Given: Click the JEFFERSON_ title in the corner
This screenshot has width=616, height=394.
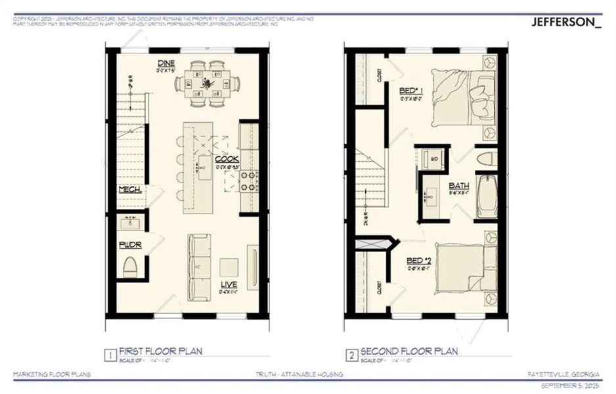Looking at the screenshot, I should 565,21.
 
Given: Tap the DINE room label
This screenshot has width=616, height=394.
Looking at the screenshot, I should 165,63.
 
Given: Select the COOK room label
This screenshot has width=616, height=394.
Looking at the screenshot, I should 227,159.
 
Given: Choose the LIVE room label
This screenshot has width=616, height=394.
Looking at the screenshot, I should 229,284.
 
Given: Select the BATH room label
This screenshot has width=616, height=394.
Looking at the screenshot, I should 458,186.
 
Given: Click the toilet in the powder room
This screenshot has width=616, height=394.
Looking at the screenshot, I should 131,267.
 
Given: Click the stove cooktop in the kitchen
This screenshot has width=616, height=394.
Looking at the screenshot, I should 250,180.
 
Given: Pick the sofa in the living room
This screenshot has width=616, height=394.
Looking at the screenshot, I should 198,266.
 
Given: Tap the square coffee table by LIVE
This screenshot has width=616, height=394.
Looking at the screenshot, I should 229,267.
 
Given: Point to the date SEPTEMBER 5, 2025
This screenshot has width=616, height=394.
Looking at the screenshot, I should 569,383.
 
